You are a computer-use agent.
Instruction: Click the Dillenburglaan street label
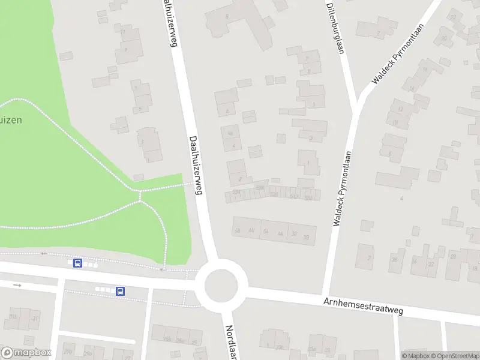pyautogui.click(x=335, y=27)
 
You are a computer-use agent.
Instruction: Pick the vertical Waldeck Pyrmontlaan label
pyautogui.click(x=341, y=188)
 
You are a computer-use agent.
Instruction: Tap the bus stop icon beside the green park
pyautogui.click(x=77, y=263)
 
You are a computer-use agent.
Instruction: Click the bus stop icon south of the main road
pyautogui.click(x=120, y=291)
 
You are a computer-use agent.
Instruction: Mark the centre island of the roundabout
pyautogui.click(x=225, y=285)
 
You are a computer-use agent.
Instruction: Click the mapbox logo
pyautogui.click(x=26, y=353)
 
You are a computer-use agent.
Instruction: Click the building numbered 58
pyautogui.click(x=238, y=230)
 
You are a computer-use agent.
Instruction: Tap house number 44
pyautogui.click(x=280, y=233)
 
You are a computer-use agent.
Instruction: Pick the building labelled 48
pyautogui.click(x=230, y=133)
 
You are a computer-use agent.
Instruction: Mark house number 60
pyautogui.click(x=251, y=231)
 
